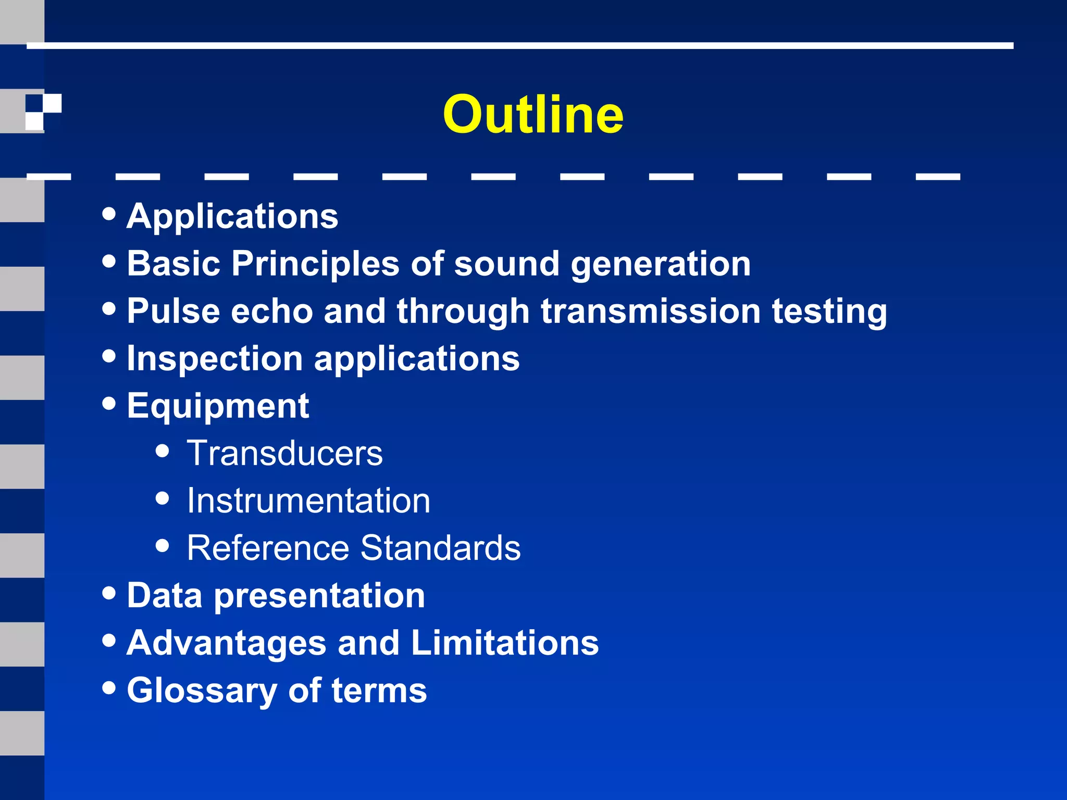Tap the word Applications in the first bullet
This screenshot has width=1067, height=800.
[x=232, y=216]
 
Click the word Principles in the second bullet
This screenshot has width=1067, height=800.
[x=315, y=264]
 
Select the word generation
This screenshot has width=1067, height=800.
[x=661, y=265]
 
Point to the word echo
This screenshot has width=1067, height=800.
[x=272, y=311]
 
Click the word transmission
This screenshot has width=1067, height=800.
[x=651, y=311]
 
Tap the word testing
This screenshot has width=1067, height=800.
[x=829, y=312]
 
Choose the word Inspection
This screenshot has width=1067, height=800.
[x=215, y=359]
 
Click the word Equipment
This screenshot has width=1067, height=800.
[x=218, y=407]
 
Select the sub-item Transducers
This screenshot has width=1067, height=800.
[x=284, y=453]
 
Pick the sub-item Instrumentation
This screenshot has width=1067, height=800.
[x=308, y=501]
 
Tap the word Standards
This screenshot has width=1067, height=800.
[x=440, y=548]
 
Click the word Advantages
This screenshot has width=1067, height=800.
[x=226, y=643]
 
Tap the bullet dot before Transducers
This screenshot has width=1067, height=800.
[x=163, y=451]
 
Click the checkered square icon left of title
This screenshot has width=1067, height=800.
[x=43, y=111]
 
